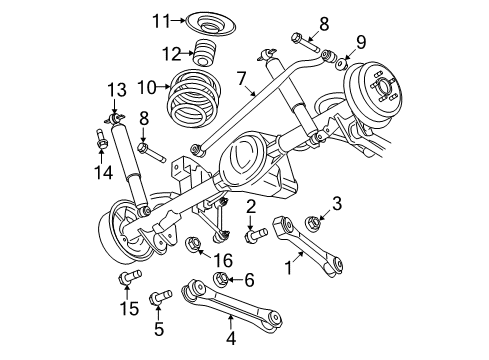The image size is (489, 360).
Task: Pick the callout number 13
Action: (x=115, y=90)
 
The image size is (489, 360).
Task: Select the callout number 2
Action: (x=251, y=208)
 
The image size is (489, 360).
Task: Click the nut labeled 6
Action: (x=225, y=280)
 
